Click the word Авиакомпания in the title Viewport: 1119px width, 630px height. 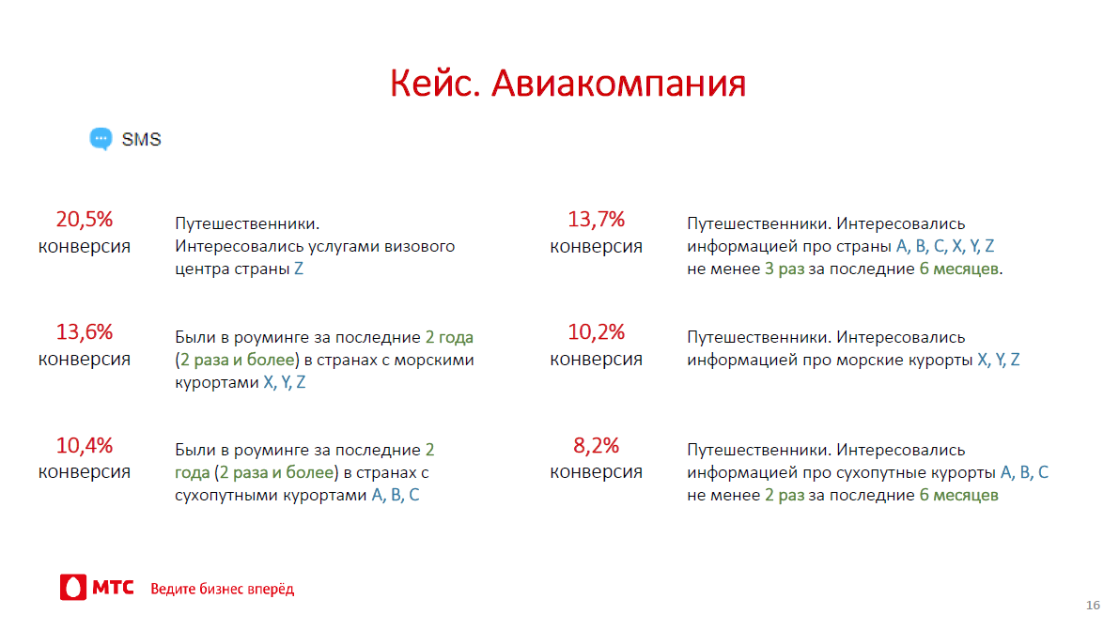[x=619, y=84]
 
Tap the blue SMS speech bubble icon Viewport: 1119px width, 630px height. [x=101, y=139]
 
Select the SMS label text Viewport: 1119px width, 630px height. [x=141, y=139]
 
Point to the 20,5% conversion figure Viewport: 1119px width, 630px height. [x=85, y=219]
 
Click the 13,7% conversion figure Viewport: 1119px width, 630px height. [x=596, y=219]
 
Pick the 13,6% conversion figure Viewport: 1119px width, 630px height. [x=85, y=331]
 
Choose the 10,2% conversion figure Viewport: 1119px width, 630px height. [x=596, y=331]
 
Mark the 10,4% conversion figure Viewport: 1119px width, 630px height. [x=85, y=445]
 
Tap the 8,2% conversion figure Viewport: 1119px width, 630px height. [x=596, y=445]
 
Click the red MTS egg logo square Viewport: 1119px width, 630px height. [x=72, y=587]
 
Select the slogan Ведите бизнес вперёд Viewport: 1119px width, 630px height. [x=222, y=589]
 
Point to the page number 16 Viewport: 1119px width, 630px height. [x=1093, y=605]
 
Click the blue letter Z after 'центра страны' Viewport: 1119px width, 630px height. [x=299, y=269]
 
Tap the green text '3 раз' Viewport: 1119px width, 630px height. [x=785, y=269]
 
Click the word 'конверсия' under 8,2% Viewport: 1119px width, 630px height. [x=596, y=471]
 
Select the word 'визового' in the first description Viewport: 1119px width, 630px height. [x=420, y=246]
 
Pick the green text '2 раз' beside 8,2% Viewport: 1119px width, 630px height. [x=785, y=495]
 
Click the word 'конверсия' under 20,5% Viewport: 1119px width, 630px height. [x=85, y=246]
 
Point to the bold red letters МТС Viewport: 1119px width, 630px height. [x=114, y=587]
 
